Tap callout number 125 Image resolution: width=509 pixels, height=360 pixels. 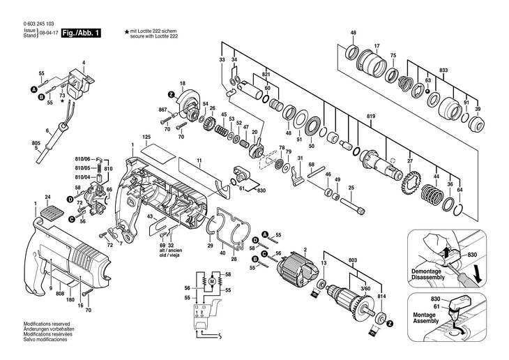click(x=146, y=137)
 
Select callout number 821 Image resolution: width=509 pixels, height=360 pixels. click(x=266, y=74)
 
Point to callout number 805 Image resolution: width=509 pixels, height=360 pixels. click(x=16, y=144)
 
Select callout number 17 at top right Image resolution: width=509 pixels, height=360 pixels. click(x=377, y=46)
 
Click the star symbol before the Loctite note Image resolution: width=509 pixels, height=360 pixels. click(x=127, y=32)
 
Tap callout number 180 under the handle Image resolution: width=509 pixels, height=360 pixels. click(x=69, y=300)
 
